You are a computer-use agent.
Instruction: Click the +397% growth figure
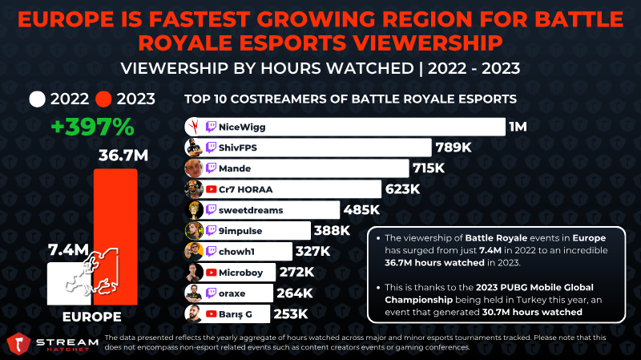(x=93, y=127)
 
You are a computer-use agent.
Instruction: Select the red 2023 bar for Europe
(x=115, y=237)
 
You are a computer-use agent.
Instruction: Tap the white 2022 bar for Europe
(x=69, y=284)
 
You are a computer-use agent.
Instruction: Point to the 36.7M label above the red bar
(x=123, y=156)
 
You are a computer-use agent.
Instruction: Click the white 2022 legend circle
(x=37, y=99)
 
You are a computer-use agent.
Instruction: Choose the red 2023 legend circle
(x=103, y=99)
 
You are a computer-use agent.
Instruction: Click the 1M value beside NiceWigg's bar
(x=518, y=127)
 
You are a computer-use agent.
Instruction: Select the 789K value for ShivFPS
(x=454, y=148)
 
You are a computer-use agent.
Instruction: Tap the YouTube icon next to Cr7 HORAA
(x=211, y=189)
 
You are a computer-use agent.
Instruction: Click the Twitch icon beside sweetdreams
(x=211, y=210)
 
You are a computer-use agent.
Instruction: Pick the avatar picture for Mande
(x=194, y=168)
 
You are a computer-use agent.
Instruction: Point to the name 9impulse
(x=240, y=231)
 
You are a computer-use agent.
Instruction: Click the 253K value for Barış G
(x=291, y=313)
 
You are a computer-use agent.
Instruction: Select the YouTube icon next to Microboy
(x=211, y=273)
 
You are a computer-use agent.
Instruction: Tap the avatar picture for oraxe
(x=194, y=293)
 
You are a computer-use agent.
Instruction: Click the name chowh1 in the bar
(x=236, y=251)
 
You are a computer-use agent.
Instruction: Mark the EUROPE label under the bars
(x=92, y=317)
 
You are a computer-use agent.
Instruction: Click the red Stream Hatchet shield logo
(x=18, y=343)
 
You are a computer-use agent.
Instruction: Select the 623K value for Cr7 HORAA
(x=403, y=189)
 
